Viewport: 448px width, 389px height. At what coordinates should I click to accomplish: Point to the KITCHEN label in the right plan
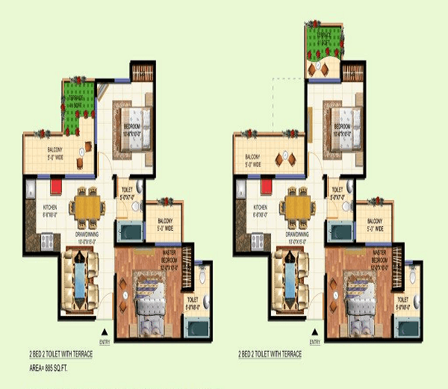click(x=261, y=210)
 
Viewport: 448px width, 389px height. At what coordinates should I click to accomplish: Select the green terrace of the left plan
click(x=76, y=101)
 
